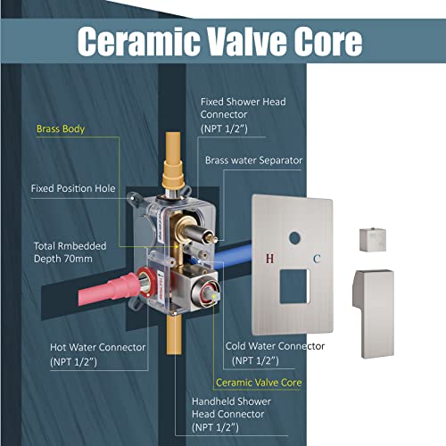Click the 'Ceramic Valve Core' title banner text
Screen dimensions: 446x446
click(x=220, y=41)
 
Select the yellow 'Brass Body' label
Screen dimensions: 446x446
click(x=61, y=129)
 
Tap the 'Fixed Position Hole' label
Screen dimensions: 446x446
click(x=73, y=188)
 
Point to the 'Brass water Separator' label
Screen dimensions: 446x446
click(x=253, y=161)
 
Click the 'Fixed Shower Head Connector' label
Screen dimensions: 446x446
click(x=243, y=115)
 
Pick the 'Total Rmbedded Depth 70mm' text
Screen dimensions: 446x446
click(x=70, y=252)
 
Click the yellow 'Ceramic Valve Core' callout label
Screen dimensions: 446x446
click(x=259, y=383)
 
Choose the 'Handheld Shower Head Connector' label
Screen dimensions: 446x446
click(x=231, y=414)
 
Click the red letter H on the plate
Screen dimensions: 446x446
click(x=269, y=259)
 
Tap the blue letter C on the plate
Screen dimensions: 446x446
click(x=317, y=259)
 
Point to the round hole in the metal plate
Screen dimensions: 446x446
click(x=294, y=238)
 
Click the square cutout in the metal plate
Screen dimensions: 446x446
click(x=294, y=286)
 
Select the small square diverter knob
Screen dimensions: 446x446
click(x=373, y=239)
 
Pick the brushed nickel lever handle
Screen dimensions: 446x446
click(x=374, y=314)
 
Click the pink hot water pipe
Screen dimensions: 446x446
click(x=109, y=290)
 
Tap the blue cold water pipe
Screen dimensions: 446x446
click(x=234, y=257)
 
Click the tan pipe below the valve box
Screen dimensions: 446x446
click(x=174, y=334)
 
